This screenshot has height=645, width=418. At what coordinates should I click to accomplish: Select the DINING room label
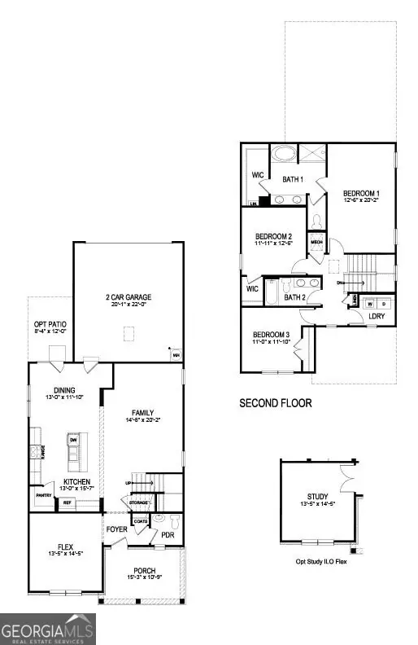point(64,389)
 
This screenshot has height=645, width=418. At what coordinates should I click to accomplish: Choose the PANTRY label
point(43,494)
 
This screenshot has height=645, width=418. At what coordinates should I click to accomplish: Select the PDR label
point(168,535)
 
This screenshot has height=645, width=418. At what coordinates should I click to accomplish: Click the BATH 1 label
point(292,179)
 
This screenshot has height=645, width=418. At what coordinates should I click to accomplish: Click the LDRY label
point(377,315)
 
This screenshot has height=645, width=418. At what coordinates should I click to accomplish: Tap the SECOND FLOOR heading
point(275,402)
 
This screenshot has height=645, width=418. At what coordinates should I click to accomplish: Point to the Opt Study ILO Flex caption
point(320,561)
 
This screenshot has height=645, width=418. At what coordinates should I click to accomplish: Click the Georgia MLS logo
point(48,628)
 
